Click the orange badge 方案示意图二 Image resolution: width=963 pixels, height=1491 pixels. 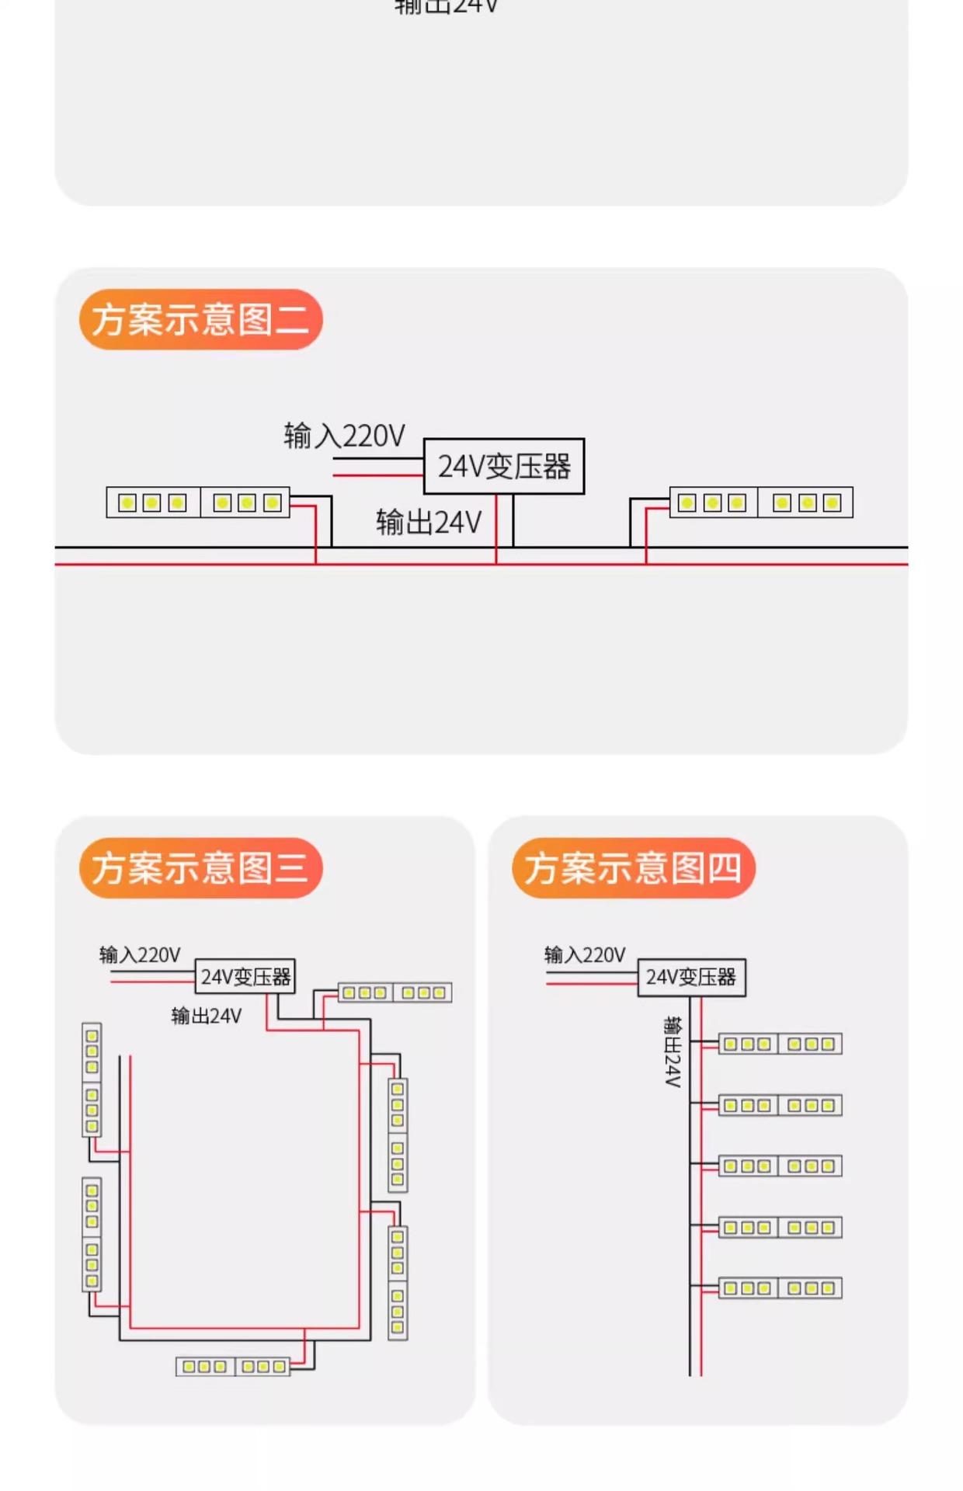point(200,319)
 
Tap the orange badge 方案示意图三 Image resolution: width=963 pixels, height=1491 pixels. point(200,867)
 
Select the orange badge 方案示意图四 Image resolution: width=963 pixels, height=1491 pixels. point(633,867)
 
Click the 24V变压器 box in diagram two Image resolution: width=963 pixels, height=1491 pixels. point(504,466)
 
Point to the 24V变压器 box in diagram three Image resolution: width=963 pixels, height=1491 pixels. point(245,976)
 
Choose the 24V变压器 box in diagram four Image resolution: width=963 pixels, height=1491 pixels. point(691,977)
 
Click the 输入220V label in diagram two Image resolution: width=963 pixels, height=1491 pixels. point(344,436)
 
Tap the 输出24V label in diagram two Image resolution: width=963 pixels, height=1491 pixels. point(429,522)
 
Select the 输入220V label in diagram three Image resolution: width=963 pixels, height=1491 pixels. point(140,954)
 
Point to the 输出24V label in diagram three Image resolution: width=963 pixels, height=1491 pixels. point(207,1015)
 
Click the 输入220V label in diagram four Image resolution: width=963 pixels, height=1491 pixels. point(585,954)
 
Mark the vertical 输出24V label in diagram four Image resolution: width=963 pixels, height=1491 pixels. point(673,1051)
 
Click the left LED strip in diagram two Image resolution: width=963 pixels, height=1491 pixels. point(198,502)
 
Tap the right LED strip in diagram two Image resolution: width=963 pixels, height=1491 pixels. point(761,502)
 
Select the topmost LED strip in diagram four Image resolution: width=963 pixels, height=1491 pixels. point(780,1044)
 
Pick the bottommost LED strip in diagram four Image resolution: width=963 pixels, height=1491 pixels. point(780,1288)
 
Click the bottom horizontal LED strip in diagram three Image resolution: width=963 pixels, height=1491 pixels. point(233,1367)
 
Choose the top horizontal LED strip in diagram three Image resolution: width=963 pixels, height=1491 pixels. point(395,992)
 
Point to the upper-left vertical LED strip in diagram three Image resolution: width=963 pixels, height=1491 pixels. point(92,1079)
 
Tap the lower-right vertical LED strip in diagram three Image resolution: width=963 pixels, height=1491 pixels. point(398,1283)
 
